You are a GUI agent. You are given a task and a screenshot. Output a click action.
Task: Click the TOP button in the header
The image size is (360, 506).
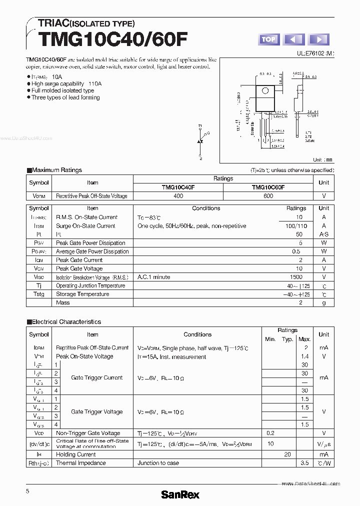tap(268, 39)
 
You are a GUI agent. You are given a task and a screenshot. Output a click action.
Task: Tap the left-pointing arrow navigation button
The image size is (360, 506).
tap(294, 39)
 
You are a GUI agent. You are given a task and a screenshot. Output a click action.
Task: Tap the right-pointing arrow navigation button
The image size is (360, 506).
tap(319, 39)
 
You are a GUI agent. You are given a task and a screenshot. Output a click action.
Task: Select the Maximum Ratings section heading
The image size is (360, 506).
tap(57, 170)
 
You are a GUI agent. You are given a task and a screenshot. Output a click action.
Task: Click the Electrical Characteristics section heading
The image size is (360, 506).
tap(66, 322)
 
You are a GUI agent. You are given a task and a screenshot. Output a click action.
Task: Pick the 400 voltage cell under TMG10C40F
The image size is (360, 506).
tap(178, 196)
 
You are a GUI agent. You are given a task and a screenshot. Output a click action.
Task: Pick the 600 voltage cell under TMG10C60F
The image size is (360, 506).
tap(268, 196)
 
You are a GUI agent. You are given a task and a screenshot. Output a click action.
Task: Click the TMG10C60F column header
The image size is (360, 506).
tap(268, 187)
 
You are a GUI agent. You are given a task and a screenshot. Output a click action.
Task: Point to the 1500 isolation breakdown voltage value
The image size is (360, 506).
tap(296, 277)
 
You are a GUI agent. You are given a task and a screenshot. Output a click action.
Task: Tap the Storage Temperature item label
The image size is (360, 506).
tap(82, 294)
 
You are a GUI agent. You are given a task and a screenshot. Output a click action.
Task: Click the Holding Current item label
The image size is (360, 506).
tap(76, 454)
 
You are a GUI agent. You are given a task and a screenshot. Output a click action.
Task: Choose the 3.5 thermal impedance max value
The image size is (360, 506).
tap(304, 463)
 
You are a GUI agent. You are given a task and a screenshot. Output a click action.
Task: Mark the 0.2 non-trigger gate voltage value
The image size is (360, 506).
tap(270, 433)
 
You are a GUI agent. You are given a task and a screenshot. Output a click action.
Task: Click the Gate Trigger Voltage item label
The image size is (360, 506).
tap(97, 411)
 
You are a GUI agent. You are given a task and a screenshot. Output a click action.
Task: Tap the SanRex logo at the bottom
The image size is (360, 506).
tap(180, 494)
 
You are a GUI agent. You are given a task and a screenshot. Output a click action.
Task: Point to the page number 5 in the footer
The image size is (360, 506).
tap(27, 491)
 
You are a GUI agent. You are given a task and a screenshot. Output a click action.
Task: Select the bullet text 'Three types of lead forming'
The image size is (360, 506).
tap(65, 97)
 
